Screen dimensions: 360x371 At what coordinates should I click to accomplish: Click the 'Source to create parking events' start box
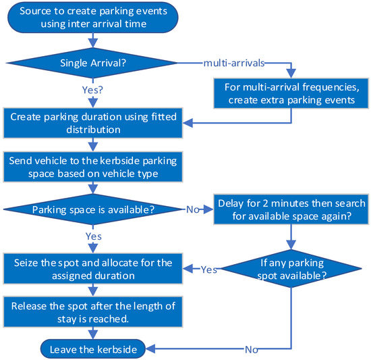(92, 19)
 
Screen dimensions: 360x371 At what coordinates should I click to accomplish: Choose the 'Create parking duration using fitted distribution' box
(92, 122)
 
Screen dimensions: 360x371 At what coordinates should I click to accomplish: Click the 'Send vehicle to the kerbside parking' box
(92, 166)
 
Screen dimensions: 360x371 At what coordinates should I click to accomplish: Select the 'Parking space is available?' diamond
(92, 209)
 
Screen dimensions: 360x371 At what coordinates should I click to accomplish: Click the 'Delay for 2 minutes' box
(291, 209)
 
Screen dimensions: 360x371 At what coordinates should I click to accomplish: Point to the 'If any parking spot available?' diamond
(291, 269)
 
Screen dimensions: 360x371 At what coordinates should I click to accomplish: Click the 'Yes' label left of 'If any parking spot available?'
(208, 269)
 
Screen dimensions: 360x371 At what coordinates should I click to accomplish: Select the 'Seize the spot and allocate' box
(92, 269)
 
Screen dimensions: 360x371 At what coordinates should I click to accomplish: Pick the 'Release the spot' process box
(92, 312)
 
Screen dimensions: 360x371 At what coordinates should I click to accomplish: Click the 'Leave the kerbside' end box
(92, 349)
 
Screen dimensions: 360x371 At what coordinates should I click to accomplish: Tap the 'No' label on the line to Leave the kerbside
(252, 350)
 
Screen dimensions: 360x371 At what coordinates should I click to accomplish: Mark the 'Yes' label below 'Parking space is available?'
(92, 236)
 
